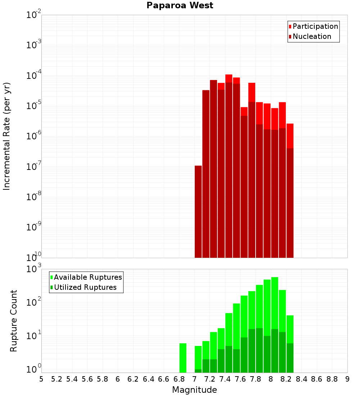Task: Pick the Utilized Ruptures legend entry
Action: coord(85,287)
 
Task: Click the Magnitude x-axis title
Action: coord(194,390)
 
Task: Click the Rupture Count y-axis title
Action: coord(13,321)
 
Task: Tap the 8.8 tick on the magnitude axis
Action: coord(332,379)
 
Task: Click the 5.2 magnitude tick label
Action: coord(57,379)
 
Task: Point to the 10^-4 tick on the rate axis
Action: coord(34,76)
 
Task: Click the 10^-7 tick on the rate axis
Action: coord(34,167)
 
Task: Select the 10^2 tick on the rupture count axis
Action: coord(34,302)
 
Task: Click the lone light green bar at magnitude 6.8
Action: coord(183,358)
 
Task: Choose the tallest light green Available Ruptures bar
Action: coord(275,324)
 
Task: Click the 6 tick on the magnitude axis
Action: coord(118,379)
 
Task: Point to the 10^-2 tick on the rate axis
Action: coord(34,15)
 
